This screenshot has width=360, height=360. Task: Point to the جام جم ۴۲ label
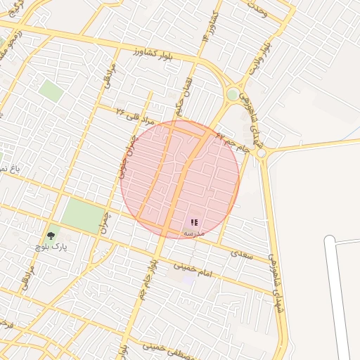(233, 143)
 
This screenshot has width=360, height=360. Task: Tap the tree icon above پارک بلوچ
(50, 236)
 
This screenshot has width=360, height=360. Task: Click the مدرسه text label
(193, 233)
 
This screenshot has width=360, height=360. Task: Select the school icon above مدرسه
(194, 222)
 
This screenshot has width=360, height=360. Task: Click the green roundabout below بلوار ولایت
(233, 94)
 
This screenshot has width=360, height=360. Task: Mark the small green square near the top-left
(51, 90)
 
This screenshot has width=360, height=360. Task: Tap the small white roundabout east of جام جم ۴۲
(261, 153)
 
